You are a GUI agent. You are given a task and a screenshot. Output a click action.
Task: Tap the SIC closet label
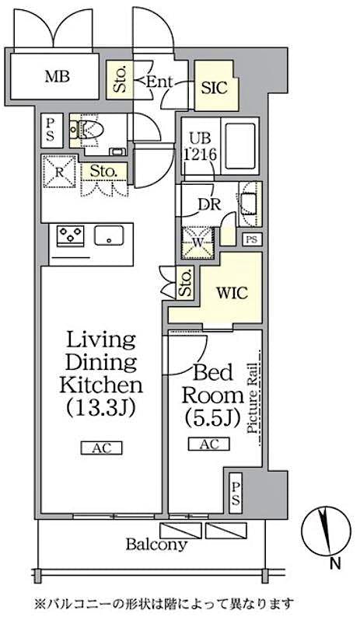tap(214, 87)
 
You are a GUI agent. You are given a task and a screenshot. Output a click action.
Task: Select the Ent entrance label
tap(159, 80)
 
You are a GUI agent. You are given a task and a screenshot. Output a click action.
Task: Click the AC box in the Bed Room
tap(208, 444)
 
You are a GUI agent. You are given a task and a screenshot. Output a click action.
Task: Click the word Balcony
tap(156, 544)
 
